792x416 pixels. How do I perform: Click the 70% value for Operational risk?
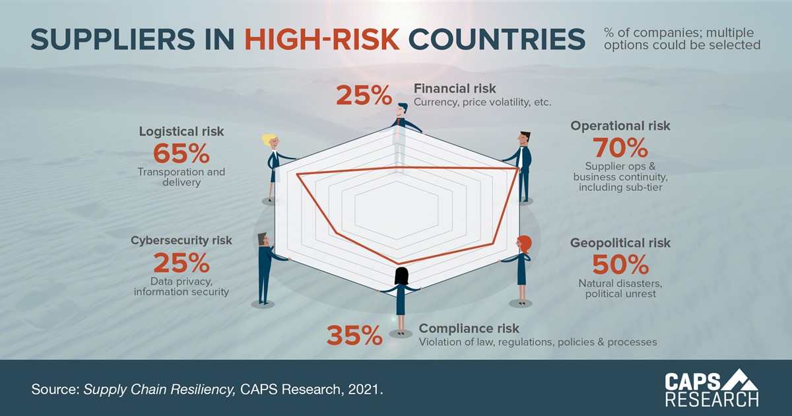coord(620,147)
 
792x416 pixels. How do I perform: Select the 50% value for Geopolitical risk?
coord(620,264)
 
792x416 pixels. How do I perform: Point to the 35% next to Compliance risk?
coord(354,335)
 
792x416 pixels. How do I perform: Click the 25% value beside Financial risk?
coord(364,96)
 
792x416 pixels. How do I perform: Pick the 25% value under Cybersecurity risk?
coord(181,263)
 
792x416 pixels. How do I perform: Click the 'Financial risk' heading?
coord(455,88)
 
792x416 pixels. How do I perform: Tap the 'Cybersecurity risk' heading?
coord(181,240)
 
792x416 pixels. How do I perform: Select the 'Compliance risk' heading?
coord(469,328)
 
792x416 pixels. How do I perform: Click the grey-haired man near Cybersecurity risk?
coord(264,267)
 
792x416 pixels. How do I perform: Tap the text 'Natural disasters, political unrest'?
coord(620,289)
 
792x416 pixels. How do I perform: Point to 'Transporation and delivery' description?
coord(181,177)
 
